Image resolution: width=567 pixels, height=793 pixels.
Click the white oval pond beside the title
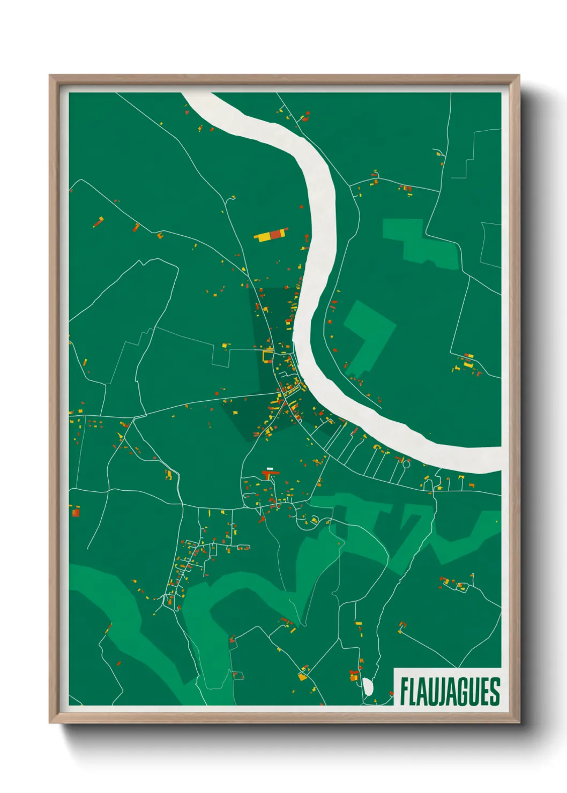pos(368,687)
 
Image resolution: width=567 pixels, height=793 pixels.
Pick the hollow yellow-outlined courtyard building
pos(268,355)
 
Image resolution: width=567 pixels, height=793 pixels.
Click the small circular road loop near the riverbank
pos(406,465)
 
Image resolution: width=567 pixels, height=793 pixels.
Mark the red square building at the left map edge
pos(76,512)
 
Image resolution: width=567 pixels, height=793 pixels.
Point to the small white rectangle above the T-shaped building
pos(270,468)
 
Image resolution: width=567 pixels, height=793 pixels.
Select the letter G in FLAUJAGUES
pos(465,692)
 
